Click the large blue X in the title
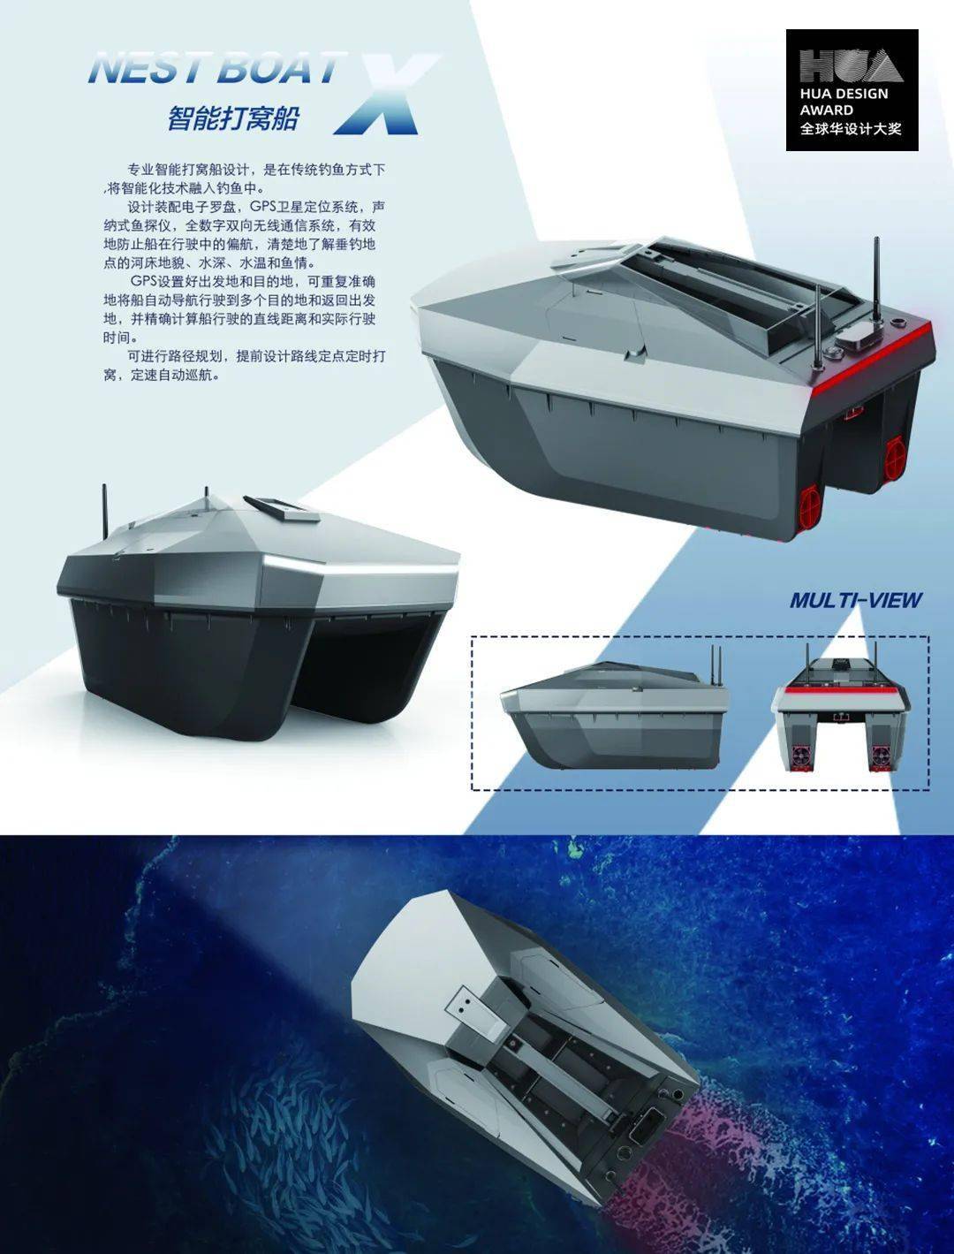383,95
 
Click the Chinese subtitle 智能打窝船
233,118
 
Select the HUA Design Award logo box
852,89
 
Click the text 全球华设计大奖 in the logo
851,128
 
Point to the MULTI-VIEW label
855,600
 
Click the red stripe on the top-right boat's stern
874,357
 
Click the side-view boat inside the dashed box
615,714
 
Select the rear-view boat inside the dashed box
840,709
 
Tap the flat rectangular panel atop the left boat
282,508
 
